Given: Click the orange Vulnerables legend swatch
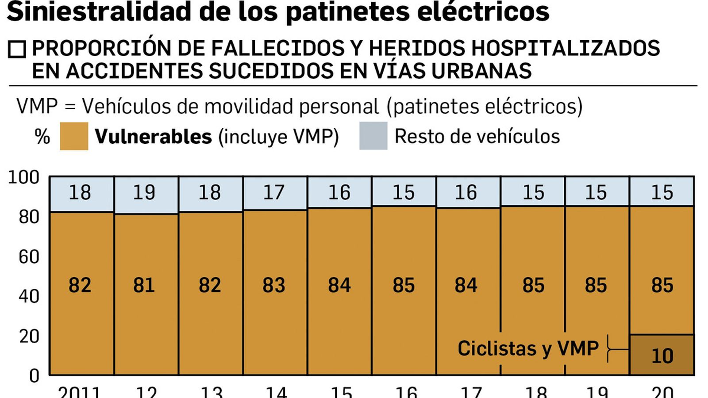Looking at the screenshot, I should (x=74, y=136).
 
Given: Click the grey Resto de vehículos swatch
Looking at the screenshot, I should (x=373, y=136).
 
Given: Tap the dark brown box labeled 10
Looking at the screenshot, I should (x=662, y=355).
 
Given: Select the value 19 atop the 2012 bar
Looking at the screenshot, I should (x=144, y=192).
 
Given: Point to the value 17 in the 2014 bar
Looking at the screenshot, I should (x=274, y=192).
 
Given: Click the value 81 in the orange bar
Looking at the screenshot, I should (x=144, y=285).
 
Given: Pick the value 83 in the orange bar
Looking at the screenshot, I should (x=274, y=285).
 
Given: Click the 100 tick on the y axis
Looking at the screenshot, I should (x=24, y=177).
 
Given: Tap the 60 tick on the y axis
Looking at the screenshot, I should (x=29, y=256).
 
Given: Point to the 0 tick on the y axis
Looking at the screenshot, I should (x=34, y=376).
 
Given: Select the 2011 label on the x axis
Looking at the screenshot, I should (x=80, y=392).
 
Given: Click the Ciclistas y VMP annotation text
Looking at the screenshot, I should (x=528, y=348).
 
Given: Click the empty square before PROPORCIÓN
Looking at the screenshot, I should (x=17, y=50).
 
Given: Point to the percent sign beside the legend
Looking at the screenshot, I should (x=42, y=137).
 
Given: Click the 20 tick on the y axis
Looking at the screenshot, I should (x=29, y=337).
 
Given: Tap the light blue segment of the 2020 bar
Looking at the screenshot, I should (x=662, y=191).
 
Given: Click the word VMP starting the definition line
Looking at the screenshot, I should (x=37, y=107).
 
